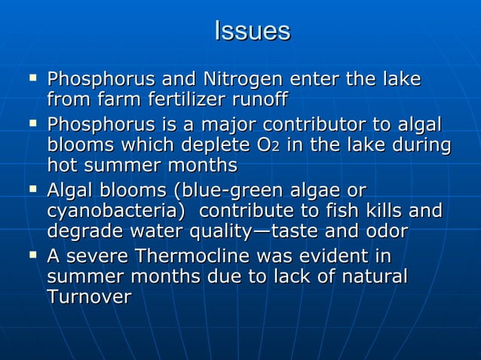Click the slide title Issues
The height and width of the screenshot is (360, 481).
[253, 31]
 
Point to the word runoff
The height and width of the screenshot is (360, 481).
[260, 100]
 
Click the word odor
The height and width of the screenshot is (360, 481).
[381, 232]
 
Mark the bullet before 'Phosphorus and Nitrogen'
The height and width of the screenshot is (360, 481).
[32, 78]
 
